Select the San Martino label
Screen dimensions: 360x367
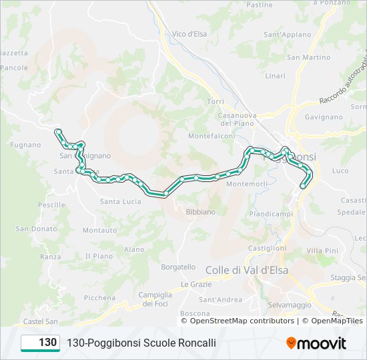(x=308, y=57)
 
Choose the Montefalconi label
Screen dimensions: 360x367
(x=212, y=136)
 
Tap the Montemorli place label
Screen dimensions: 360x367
(x=247, y=183)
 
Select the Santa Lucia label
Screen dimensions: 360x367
(x=120, y=201)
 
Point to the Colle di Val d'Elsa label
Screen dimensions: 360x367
(x=246, y=270)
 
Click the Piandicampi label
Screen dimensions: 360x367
(x=271, y=214)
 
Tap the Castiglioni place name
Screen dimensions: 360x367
(x=267, y=248)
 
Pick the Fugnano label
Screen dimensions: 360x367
(x=26, y=145)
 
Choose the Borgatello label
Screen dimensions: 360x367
(x=178, y=267)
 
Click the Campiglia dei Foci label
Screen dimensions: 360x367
(x=155, y=299)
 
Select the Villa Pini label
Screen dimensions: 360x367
(x=322, y=250)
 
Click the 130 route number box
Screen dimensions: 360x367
(x=41, y=343)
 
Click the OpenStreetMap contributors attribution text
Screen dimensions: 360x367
(x=242, y=321)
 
